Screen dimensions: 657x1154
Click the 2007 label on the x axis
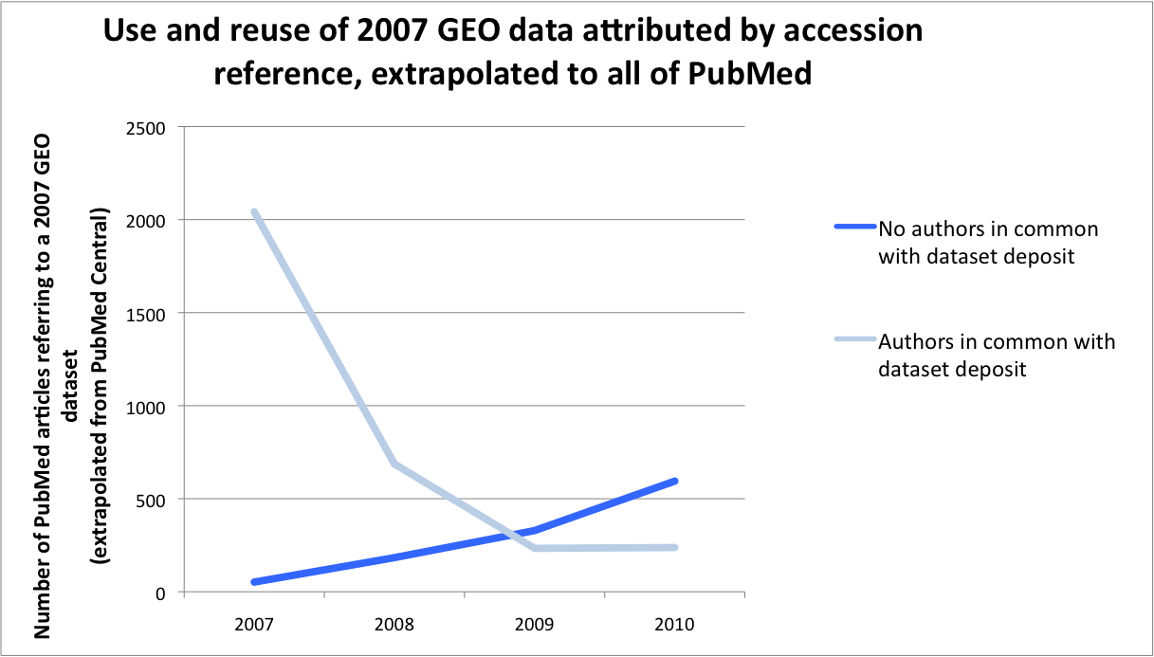pos(254,626)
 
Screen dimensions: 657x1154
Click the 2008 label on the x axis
pos(394,626)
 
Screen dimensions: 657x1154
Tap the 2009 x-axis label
pos(534,626)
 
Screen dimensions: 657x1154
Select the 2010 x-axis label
pos(674,626)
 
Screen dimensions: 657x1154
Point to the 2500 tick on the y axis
pos(146,127)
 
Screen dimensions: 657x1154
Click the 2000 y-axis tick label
pos(146,220)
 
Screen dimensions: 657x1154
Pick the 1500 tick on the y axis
pos(146,313)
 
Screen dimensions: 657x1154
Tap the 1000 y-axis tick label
pos(146,406)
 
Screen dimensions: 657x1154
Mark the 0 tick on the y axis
pos(160,593)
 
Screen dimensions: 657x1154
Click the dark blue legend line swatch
pos(853,228)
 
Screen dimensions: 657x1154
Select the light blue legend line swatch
pos(853,341)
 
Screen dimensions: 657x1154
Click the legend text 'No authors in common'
pos(988,228)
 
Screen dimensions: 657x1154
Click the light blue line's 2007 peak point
pos(254,211)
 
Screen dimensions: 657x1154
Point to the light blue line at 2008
pos(394,464)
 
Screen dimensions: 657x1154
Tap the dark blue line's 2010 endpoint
pos(675,481)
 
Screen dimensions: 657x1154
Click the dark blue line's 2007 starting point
pos(254,582)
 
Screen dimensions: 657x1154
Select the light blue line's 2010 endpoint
pos(675,547)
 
